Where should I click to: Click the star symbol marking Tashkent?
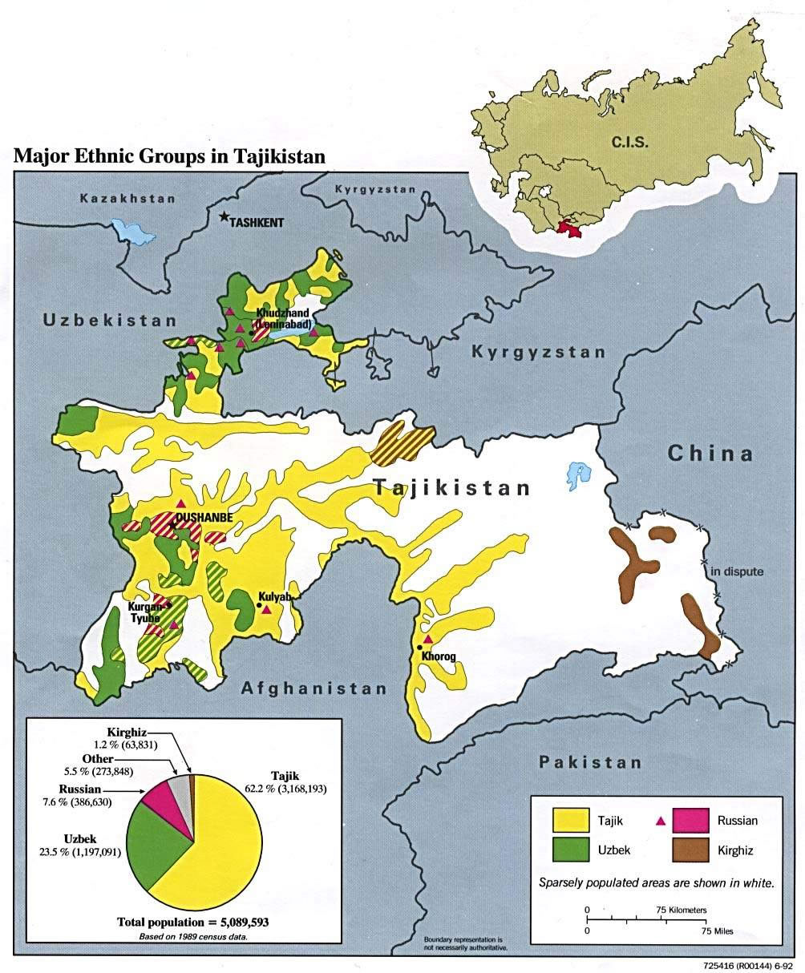pyautogui.click(x=224, y=217)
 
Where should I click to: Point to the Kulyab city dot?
pyautogui.click(x=258, y=607)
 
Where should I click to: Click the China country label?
pyautogui.click(x=710, y=454)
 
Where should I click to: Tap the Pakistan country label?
pyautogui.click(x=590, y=761)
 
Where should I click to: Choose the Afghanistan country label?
pyautogui.click(x=314, y=688)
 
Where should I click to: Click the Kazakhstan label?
pyautogui.click(x=128, y=197)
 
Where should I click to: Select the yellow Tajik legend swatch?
pyautogui.click(x=575, y=819)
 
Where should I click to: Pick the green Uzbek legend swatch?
pyautogui.click(x=575, y=850)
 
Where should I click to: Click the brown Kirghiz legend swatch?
pyautogui.click(x=687, y=850)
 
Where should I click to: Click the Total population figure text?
pyautogui.click(x=192, y=922)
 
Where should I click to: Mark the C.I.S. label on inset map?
pyautogui.click(x=629, y=143)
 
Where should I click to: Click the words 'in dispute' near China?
pyautogui.click(x=737, y=571)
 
